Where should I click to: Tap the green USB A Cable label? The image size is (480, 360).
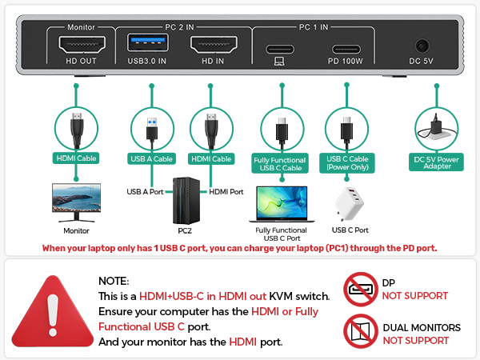(x=151, y=158)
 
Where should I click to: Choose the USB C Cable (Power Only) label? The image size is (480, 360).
(x=346, y=163)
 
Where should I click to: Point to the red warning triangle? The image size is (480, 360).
(x=48, y=308)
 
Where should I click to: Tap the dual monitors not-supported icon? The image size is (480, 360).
(x=360, y=330)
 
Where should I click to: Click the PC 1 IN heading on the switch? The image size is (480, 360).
(x=314, y=26)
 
